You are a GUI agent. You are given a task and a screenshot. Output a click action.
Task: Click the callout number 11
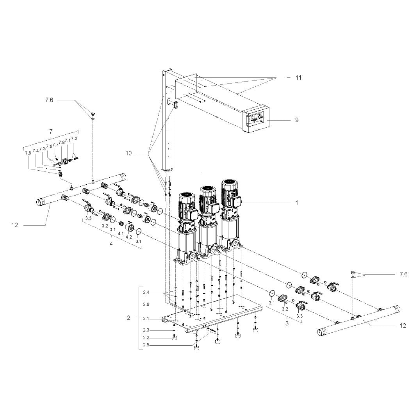pos(298,77)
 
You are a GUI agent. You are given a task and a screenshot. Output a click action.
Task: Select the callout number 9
pos(297,120)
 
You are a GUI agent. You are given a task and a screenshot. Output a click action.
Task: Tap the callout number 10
pos(128,153)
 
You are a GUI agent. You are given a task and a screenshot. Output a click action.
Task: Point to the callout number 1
pos(297,203)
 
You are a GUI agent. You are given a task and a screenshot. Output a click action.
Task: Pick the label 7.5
pos(28,153)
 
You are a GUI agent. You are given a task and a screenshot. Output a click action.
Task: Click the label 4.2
pos(128,237)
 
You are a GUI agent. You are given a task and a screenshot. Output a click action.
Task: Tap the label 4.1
pos(121,234)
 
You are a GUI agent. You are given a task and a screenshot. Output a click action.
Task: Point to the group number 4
pos(111,244)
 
